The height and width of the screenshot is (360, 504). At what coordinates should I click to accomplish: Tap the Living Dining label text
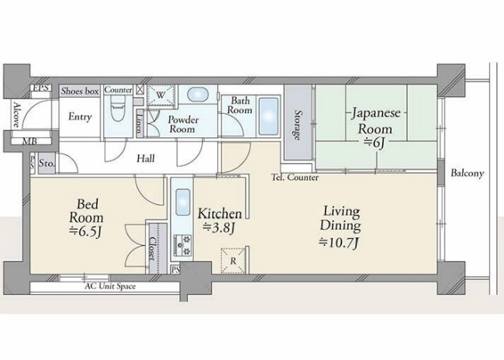[341, 219]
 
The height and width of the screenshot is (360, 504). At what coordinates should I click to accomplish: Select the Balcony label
[467, 174]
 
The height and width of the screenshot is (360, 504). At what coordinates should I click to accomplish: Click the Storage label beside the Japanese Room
[297, 124]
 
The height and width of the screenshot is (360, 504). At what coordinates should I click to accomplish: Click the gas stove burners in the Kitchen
[185, 245]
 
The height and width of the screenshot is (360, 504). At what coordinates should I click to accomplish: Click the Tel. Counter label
[295, 178]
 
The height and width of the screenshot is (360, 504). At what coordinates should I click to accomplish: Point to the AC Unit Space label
[110, 286]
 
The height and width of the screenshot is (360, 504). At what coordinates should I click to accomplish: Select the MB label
[29, 140]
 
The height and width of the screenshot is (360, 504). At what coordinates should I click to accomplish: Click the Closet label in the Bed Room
[150, 249]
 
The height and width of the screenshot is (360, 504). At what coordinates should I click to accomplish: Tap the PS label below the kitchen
[175, 270]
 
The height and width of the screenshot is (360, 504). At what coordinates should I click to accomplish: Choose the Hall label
[146, 159]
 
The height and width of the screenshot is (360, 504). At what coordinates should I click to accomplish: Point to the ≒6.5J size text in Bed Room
[87, 230]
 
